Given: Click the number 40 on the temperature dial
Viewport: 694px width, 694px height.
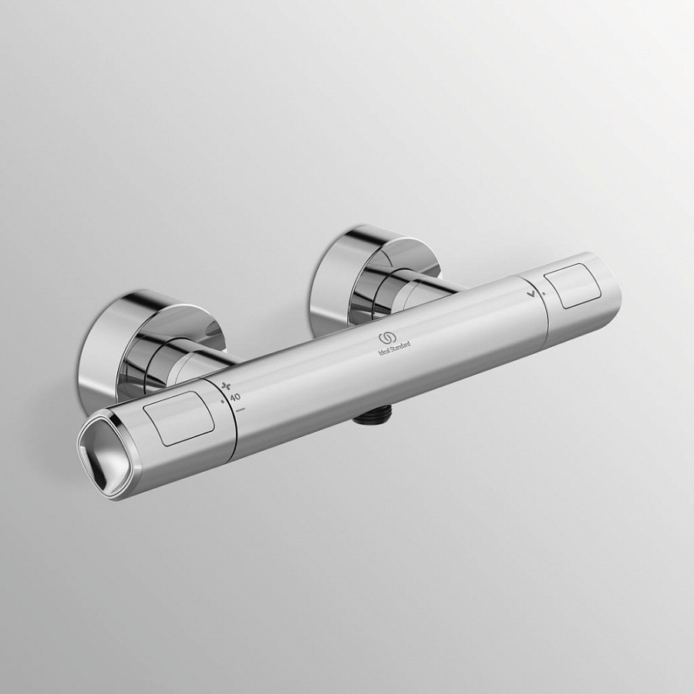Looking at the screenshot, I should tap(234, 396).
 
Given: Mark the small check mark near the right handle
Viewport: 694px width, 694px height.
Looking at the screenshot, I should tap(531, 294).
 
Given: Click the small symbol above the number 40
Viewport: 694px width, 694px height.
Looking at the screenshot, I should tap(227, 385).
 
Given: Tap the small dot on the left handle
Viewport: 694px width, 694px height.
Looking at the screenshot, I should tap(223, 401).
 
